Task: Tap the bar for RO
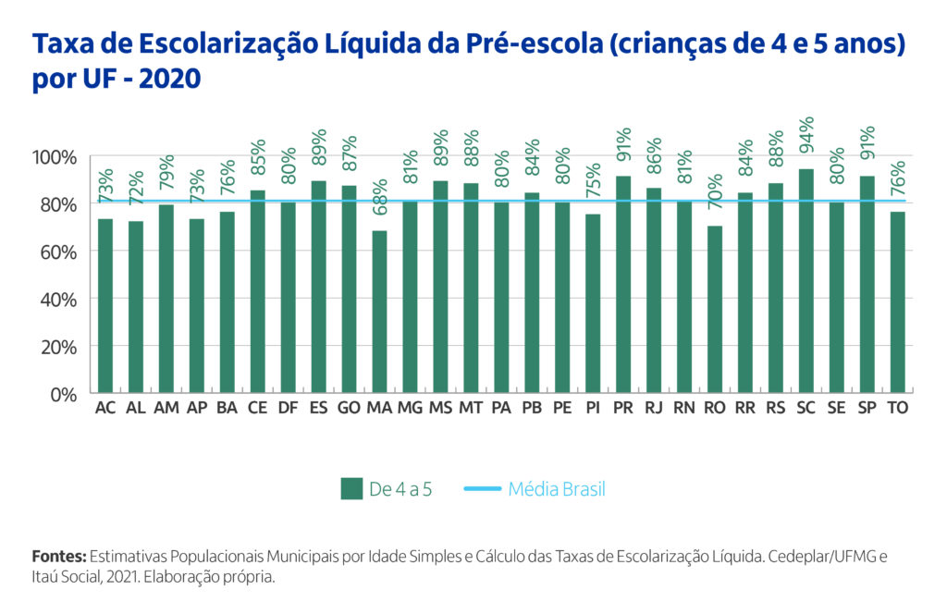click(x=715, y=309)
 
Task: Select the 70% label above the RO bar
click(x=715, y=196)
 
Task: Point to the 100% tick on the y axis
click(x=56, y=156)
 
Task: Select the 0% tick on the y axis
click(x=65, y=394)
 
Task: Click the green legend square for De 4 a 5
click(x=351, y=489)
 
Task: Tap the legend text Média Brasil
click(x=557, y=489)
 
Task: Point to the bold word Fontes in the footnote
click(x=59, y=558)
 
